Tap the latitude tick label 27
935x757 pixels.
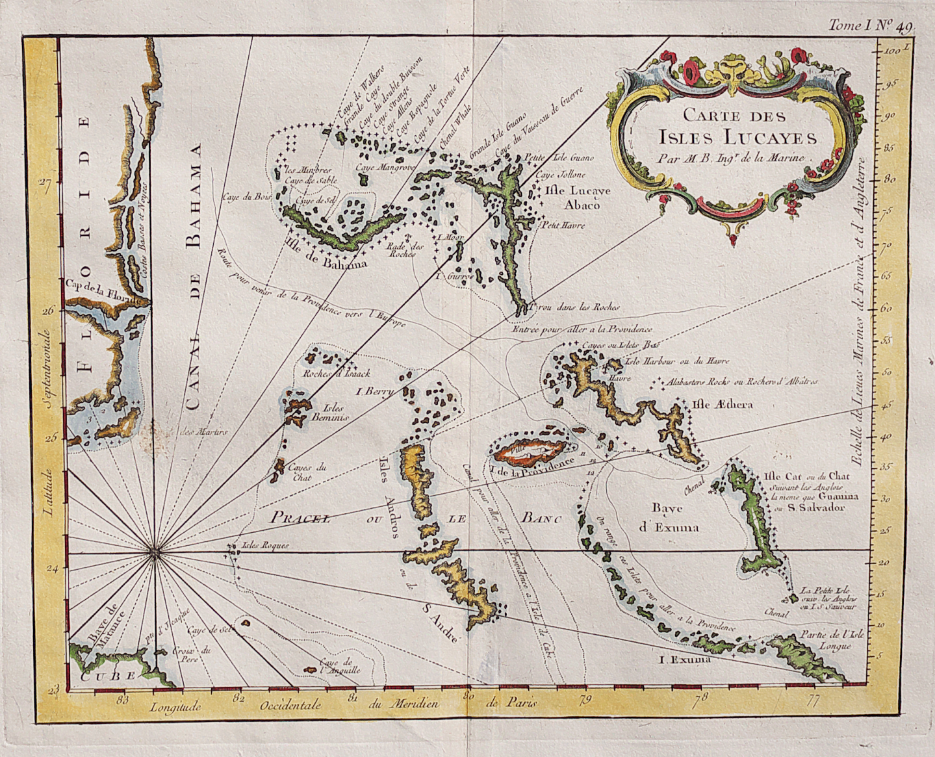pos(45,183)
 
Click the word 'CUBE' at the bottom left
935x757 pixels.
pos(109,676)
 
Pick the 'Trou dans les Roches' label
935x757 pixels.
pos(575,307)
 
